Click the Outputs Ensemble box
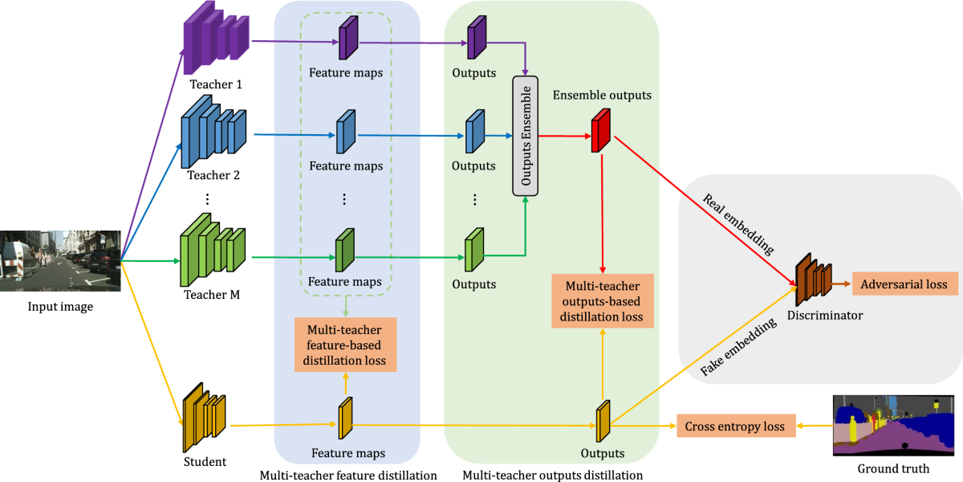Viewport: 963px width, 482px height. point(525,137)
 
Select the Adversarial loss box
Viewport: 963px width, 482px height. point(904,284)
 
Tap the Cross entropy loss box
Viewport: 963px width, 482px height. point(734,426)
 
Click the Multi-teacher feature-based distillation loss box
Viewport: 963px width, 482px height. point(346,345)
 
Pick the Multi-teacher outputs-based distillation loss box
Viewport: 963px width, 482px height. point(603,300)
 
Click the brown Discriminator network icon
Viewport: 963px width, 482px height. point(813,278)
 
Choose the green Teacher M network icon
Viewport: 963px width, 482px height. point(211,240)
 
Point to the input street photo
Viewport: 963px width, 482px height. point(60,261)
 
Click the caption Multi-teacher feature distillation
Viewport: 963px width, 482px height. point(348,475)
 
